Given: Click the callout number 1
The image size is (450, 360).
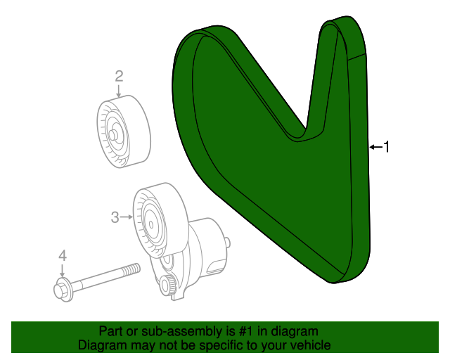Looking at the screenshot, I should tap(385, 146).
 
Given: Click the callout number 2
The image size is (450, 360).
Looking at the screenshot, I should tap(119, 76).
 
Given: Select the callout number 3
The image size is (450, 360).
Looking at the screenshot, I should tap(115, 218).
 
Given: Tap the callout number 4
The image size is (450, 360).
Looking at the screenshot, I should tap(62, 256).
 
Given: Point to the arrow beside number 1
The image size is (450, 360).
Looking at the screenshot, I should tap(374, 147).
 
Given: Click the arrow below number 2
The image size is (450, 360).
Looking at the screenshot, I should tap(119, 90).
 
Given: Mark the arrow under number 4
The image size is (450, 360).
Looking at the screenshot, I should tap(62, 271).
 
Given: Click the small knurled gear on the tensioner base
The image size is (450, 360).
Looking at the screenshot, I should tap(167, 285).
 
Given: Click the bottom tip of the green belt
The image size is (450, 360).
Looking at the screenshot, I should tap(334, 280).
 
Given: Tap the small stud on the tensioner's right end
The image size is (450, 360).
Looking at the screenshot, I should tap(227, 243).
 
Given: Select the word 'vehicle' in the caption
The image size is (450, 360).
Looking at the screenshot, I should tap(309, 345).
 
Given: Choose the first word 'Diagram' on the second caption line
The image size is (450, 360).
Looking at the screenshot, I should tap(103, 345).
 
